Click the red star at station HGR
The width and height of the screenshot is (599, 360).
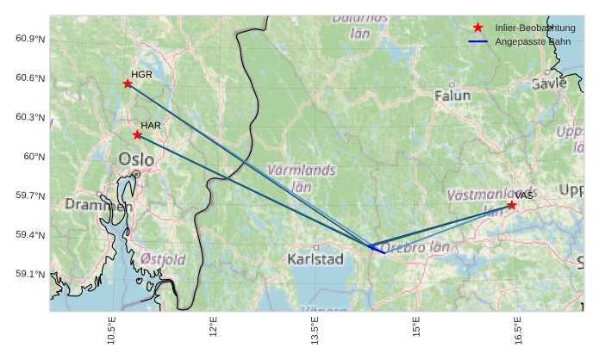point(128,84)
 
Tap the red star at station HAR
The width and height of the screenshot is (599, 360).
point(137,134)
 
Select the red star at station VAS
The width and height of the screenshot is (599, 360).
point(512,205)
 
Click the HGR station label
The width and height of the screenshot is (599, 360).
point(141,75)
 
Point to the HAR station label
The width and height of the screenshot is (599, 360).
point(151,126)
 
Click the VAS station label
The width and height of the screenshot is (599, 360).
point(525,196)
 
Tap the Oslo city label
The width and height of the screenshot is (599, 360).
point(136,159)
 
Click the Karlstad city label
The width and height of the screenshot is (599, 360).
point(315,258)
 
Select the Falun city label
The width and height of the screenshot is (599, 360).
point(452,96)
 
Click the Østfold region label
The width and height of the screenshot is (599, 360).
point(163,258)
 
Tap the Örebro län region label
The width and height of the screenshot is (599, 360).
point(416,247)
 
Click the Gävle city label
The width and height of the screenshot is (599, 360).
point(549,84)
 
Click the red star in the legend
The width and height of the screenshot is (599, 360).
point(478,28)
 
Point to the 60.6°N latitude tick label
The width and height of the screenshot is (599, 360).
point(29,78)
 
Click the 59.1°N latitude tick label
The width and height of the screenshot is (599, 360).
point(29,275)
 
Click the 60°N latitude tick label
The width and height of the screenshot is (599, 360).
point(34,157)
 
